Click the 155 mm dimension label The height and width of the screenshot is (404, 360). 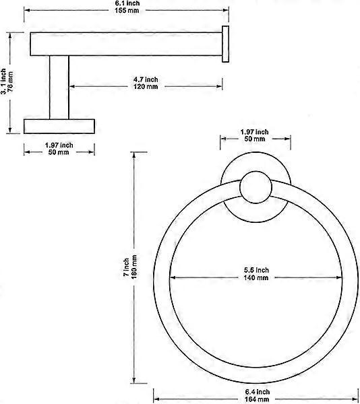coord(127,11)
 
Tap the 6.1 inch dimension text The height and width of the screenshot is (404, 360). coord(127,3)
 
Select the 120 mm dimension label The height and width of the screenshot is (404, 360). coord(146,87)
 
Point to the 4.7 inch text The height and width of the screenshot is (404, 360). coord(146,79)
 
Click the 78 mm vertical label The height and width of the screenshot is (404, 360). coord(11,81)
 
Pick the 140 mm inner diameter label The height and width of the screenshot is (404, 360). coord(256,277)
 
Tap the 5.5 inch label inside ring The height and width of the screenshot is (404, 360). coord(256,270)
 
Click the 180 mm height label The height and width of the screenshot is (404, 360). coord(134,267)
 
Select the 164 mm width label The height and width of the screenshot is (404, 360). coord(257,399)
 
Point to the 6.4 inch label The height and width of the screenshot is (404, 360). coord(258,392)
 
